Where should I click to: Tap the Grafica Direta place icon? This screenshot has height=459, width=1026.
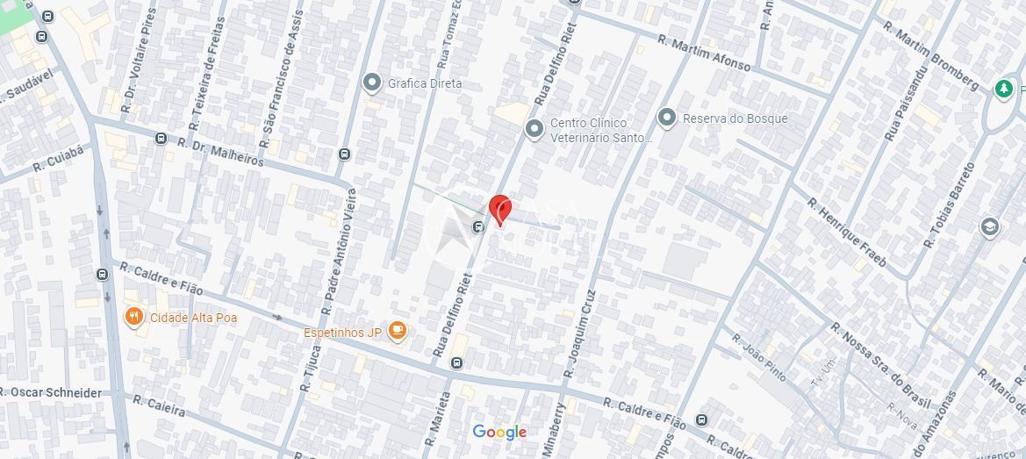click(x=371, y=82)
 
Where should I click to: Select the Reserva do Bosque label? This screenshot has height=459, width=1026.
click(x=735, y=118)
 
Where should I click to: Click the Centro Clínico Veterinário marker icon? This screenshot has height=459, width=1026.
click(x=534, y=130)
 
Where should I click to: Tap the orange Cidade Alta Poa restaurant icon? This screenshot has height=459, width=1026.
click(x=134, y=317)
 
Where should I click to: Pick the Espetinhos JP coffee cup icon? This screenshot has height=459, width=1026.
click(x=398, y=331)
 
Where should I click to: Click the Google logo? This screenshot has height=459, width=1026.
click(x=499, y=432)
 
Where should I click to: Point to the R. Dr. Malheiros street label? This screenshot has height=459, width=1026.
click(x=220, y=150)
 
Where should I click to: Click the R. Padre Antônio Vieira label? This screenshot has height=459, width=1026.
click(x=341, y=250)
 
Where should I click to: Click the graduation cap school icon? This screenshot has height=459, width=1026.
click(x=990, y=227)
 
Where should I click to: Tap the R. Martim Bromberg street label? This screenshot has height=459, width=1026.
click(x=931, y=54)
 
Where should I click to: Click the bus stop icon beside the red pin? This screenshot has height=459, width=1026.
click(x=478, y=228)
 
